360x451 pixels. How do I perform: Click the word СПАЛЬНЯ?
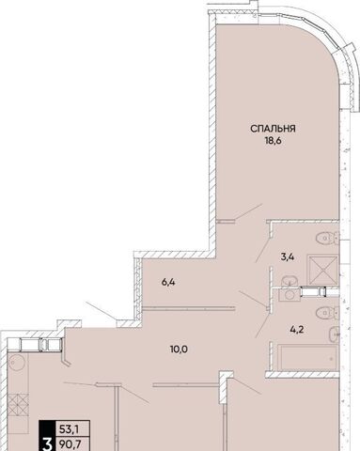pos(273,129)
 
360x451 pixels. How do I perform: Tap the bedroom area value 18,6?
pos(274,141)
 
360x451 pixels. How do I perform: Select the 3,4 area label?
pos(288,257)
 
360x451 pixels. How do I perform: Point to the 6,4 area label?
pos(168,282)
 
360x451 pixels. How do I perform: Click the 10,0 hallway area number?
pos(179,350)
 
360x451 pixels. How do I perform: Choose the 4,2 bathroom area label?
pos(297,330)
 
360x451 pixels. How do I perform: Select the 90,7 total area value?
pos(69,444)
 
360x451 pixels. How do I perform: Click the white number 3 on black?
pos(47,444)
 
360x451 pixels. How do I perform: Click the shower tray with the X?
pos(322,270)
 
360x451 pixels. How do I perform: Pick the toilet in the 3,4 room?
pos(327,238)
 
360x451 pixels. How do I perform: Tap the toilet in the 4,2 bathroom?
pos(327,313)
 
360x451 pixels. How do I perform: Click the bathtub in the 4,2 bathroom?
pos(307,356)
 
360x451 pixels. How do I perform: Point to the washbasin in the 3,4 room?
pos(289,281)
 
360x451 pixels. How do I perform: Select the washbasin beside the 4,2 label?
pos(335,334)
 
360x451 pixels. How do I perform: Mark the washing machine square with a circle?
pos(290,295)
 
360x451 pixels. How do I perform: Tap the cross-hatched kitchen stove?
pos(18,404)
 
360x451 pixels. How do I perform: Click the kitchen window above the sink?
pos(35,345)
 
